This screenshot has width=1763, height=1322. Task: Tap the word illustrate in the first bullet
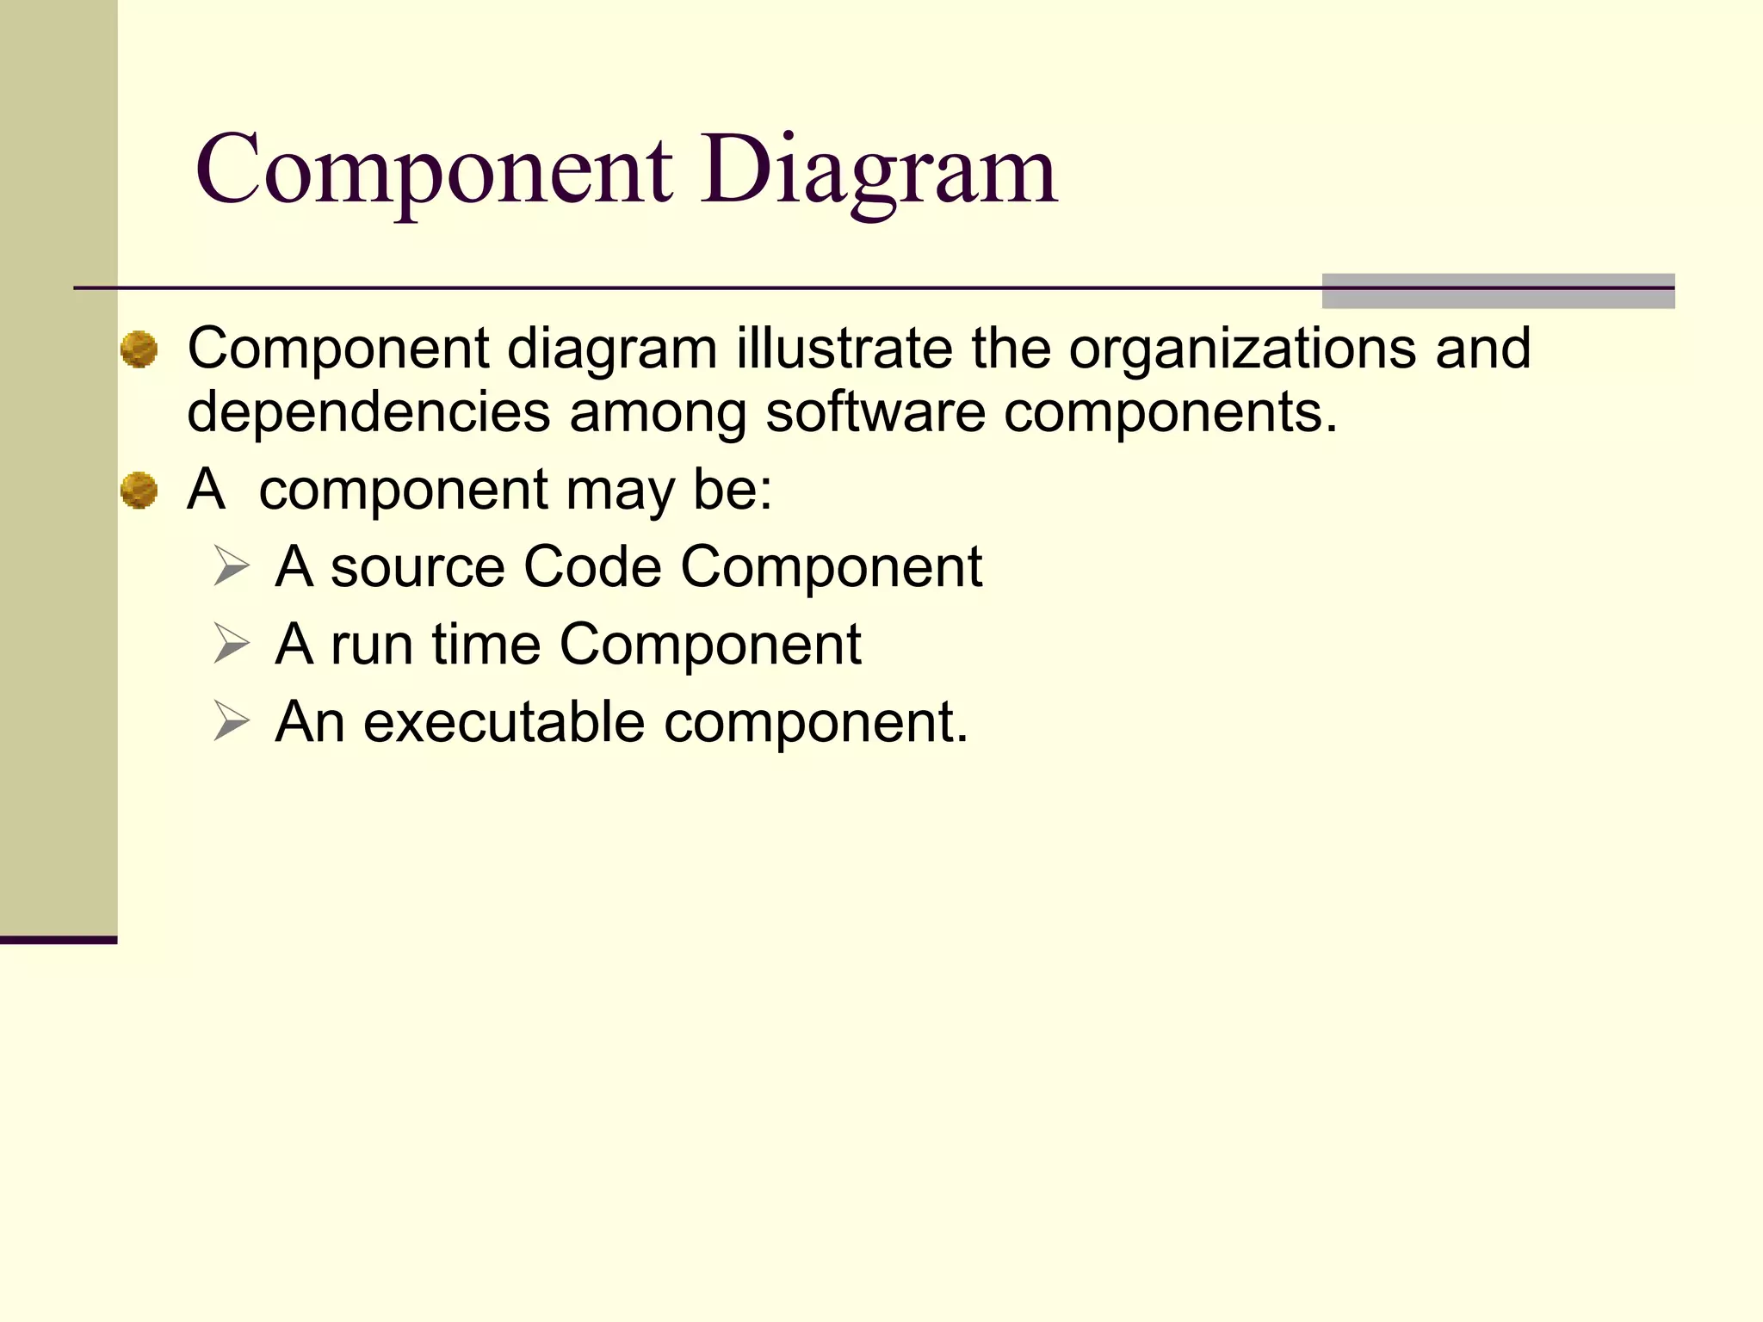point(844,349)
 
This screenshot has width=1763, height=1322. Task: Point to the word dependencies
point(368,413)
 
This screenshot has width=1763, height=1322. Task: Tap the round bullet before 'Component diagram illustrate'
point(139,349)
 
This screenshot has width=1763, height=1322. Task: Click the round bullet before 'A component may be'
point(139,491)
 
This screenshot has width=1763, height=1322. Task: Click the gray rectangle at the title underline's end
point(1498,291)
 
